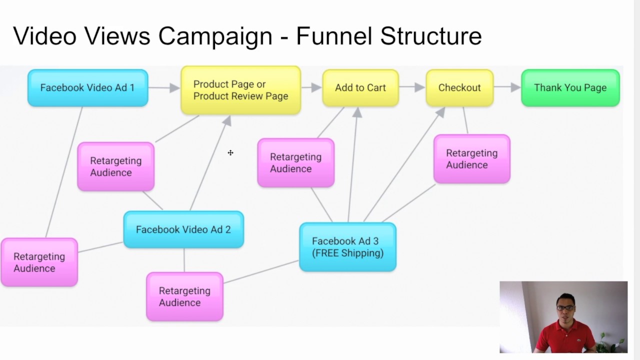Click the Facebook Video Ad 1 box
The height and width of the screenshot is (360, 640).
pos(87,88)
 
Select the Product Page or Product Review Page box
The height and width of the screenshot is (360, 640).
pos(240,90)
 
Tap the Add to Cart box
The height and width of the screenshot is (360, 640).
pos(360,88)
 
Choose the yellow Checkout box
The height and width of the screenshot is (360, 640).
pos(459,88)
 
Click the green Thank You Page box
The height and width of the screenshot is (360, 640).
pos(570,88)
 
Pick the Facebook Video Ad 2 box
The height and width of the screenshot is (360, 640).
pos(183,229)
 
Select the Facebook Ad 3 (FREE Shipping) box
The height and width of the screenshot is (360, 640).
pos(347,247)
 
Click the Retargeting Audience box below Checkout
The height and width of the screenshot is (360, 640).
pos(471,159)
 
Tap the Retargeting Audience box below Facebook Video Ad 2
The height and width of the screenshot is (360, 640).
pos(184,296)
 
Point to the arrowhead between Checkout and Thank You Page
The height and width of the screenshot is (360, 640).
pos(515,87)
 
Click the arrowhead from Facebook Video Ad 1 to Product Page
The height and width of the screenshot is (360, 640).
pos(174,88)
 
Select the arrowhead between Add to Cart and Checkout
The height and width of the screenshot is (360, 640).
pos(419,87)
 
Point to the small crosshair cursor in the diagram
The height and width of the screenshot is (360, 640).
pos(230,152)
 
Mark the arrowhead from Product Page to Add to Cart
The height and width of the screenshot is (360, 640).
pos(316,87)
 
